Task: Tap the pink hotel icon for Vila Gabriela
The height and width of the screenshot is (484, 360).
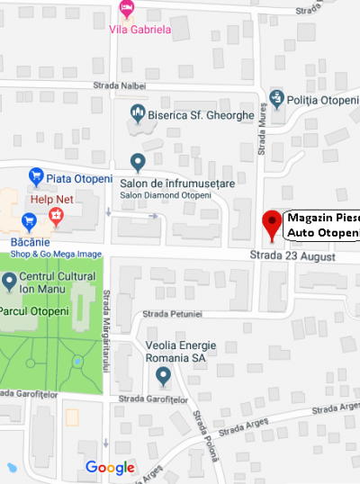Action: (128, 9)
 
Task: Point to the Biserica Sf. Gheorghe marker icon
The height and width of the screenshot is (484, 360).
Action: (138, 113)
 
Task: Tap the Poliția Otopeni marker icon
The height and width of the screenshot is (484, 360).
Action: (276, 99)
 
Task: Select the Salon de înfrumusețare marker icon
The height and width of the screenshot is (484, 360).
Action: (138, 163)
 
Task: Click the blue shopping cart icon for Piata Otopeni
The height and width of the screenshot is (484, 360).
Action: (36, 175)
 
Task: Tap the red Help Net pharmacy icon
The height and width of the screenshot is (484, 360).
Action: (56, 216)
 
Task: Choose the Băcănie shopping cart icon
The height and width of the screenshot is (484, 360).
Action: (29, 220)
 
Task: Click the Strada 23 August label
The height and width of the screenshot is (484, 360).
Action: (292, 257)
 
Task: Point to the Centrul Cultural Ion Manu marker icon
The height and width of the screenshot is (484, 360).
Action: (10, 283)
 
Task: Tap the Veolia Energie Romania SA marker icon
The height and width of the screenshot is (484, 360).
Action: (163, 373)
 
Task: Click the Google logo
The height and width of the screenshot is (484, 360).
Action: (110, 467)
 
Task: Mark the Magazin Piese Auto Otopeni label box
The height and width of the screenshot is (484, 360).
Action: (322, 225)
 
